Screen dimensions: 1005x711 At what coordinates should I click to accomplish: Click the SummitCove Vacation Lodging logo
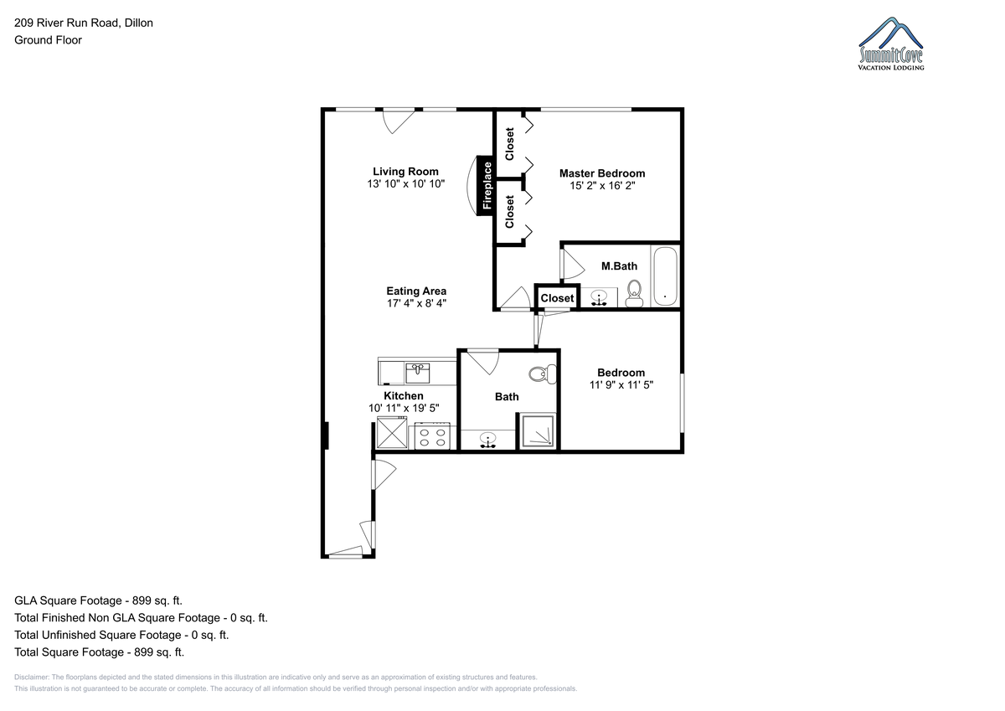tap(890, 44)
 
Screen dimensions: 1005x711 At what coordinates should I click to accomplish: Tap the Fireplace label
tap(487, 186)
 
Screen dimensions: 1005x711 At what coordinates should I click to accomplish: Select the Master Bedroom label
tap(602, 173)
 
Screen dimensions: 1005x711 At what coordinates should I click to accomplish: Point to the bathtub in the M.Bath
tap(665, 276)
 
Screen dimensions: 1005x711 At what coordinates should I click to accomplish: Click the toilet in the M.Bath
tap(634, 293)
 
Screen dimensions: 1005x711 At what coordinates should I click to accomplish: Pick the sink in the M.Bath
tap(599, 298)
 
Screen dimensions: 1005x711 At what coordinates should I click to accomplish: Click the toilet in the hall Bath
tap(543, 374)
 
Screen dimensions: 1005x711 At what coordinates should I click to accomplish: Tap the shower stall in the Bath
tap(538, 431)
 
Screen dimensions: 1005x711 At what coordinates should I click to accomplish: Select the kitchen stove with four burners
tap(432, 436)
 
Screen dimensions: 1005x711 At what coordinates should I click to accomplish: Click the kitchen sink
tap(418, 374)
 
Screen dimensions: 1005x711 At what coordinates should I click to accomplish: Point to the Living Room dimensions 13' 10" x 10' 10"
tap(405, 183)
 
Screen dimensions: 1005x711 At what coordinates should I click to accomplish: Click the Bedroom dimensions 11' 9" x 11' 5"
tap(621, 384)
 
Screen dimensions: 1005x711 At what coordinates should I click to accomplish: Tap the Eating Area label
tap(416, 291)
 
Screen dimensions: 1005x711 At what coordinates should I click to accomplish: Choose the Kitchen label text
tap(404, 395)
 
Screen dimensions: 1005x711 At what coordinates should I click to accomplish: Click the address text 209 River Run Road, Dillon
tap(84, 23)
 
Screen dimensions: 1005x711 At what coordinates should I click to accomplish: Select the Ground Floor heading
tap(48, 40)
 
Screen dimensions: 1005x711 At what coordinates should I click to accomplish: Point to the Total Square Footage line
tap(99, 652)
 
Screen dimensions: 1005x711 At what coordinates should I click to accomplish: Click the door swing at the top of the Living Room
tap(398, 121)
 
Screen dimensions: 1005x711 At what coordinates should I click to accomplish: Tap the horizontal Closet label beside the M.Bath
tap(557, 298)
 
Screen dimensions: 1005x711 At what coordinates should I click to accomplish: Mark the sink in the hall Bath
tap(487, 440)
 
